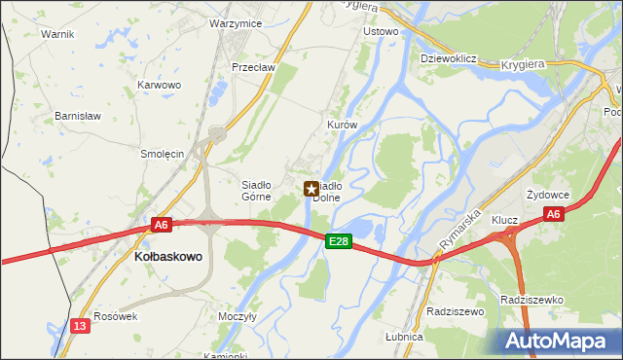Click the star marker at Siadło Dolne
point(311,189)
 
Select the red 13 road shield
point(81,327)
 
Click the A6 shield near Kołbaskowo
point(162,225)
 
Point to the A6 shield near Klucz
point(553,214)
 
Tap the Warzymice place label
point(235,22)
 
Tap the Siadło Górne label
point(261,189)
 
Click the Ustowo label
point(381,31)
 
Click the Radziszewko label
point(531,300)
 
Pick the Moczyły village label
point(238,316)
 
